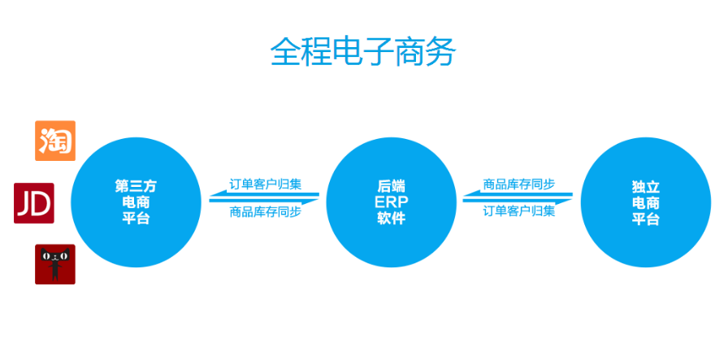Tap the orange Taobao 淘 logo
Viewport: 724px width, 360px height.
click(55, 141)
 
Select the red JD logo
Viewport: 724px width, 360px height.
click(34, 203)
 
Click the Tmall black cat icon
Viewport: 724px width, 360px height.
click(55, 264)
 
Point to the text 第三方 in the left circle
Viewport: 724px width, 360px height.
click(136, 186)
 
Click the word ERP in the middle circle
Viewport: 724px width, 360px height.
click(392, 202)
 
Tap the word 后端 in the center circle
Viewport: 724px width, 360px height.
click(392, 186)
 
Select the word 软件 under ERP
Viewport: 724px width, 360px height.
click(392, 219)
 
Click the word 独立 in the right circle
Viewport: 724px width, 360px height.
click(645, 186)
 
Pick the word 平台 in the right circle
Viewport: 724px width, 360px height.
click(645, 219)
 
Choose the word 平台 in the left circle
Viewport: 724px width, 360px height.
click(136, 219)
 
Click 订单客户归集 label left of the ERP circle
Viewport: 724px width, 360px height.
click(266, 184)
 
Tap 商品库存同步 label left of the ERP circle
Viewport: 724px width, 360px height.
click(266, 212)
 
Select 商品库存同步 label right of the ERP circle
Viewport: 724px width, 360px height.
click(519, 184)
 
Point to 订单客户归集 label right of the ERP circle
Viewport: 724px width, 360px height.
click(519, 211)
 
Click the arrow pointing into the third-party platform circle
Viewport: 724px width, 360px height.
click(264, 194)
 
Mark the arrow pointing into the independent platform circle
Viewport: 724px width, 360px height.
click(518, 201)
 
